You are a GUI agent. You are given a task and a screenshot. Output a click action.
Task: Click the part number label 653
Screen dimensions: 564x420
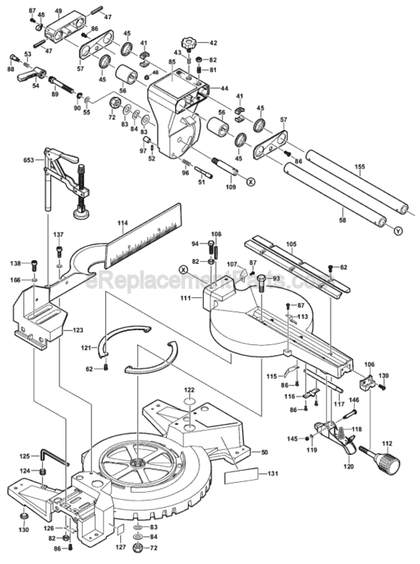click(29, 160)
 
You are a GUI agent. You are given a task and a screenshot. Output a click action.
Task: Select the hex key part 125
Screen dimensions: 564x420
click(53, 456)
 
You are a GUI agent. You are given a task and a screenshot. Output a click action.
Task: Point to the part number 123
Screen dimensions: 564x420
click(77, 329)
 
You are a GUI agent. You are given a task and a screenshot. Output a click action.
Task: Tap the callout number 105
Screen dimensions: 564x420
click(292, 244)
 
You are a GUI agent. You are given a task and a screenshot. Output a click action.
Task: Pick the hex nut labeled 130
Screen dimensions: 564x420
click(24, 517)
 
